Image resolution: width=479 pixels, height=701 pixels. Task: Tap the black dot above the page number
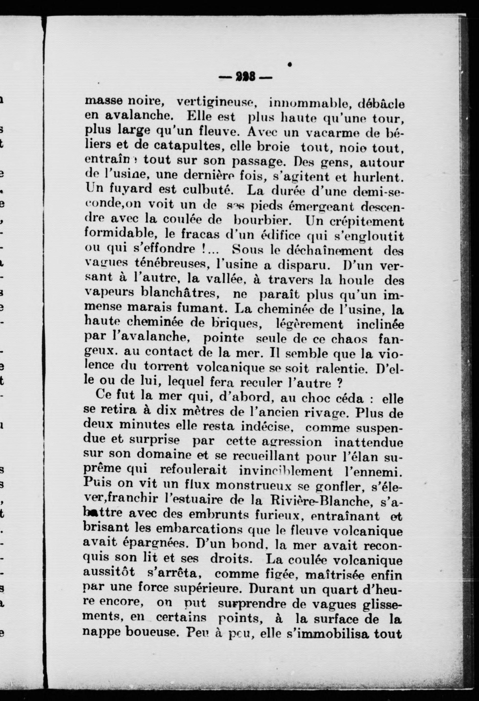point(290,64)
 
